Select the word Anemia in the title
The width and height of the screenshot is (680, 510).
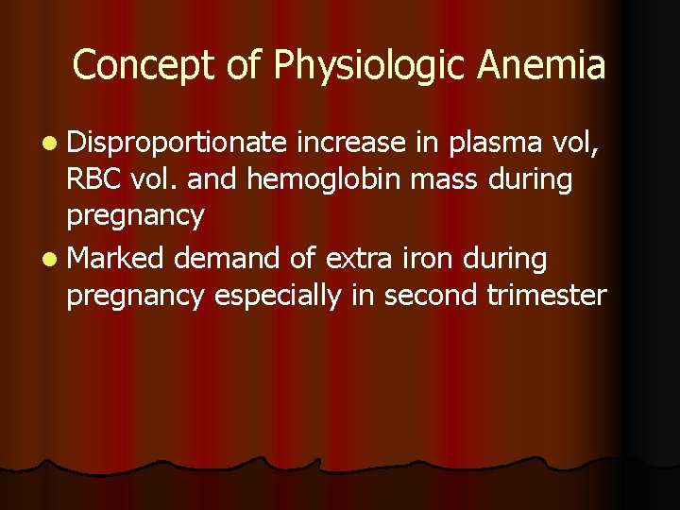coord(542,66)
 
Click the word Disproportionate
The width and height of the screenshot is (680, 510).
coord(177,143)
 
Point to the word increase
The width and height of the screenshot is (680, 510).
coord(351,143)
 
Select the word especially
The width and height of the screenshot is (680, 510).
coord(278,296)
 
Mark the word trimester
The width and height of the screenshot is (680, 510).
coord(547,295)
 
